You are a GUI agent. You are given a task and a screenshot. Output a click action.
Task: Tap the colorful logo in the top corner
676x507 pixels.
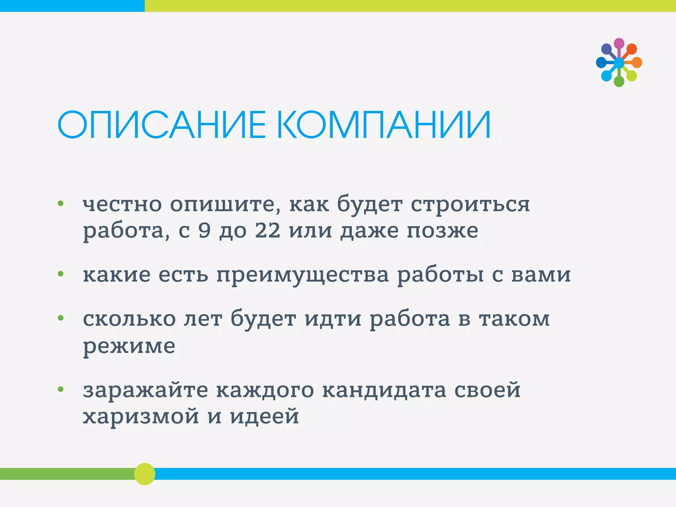click(619, 62)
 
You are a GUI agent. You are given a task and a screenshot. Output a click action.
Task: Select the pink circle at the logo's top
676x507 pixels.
click(619, 43)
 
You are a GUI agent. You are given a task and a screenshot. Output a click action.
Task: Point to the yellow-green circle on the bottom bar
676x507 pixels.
click(145, 474)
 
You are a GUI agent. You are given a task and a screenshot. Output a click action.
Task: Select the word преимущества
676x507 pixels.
click(303, 275)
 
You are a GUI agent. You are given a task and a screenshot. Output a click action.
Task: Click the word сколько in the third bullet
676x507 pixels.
click(129, 319)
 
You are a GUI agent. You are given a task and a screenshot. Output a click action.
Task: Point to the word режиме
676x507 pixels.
click(129, 347)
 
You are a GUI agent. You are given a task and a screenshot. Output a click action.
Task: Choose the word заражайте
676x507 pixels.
click(146, 390)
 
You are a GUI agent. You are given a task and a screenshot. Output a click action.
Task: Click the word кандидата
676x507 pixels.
click(384, 390)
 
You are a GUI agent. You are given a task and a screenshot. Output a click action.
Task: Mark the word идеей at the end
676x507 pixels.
click(264, 417)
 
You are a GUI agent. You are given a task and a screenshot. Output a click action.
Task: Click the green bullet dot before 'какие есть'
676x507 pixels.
click(60, 274)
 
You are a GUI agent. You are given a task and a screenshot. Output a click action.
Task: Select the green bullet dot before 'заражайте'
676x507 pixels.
click(60, 389)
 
